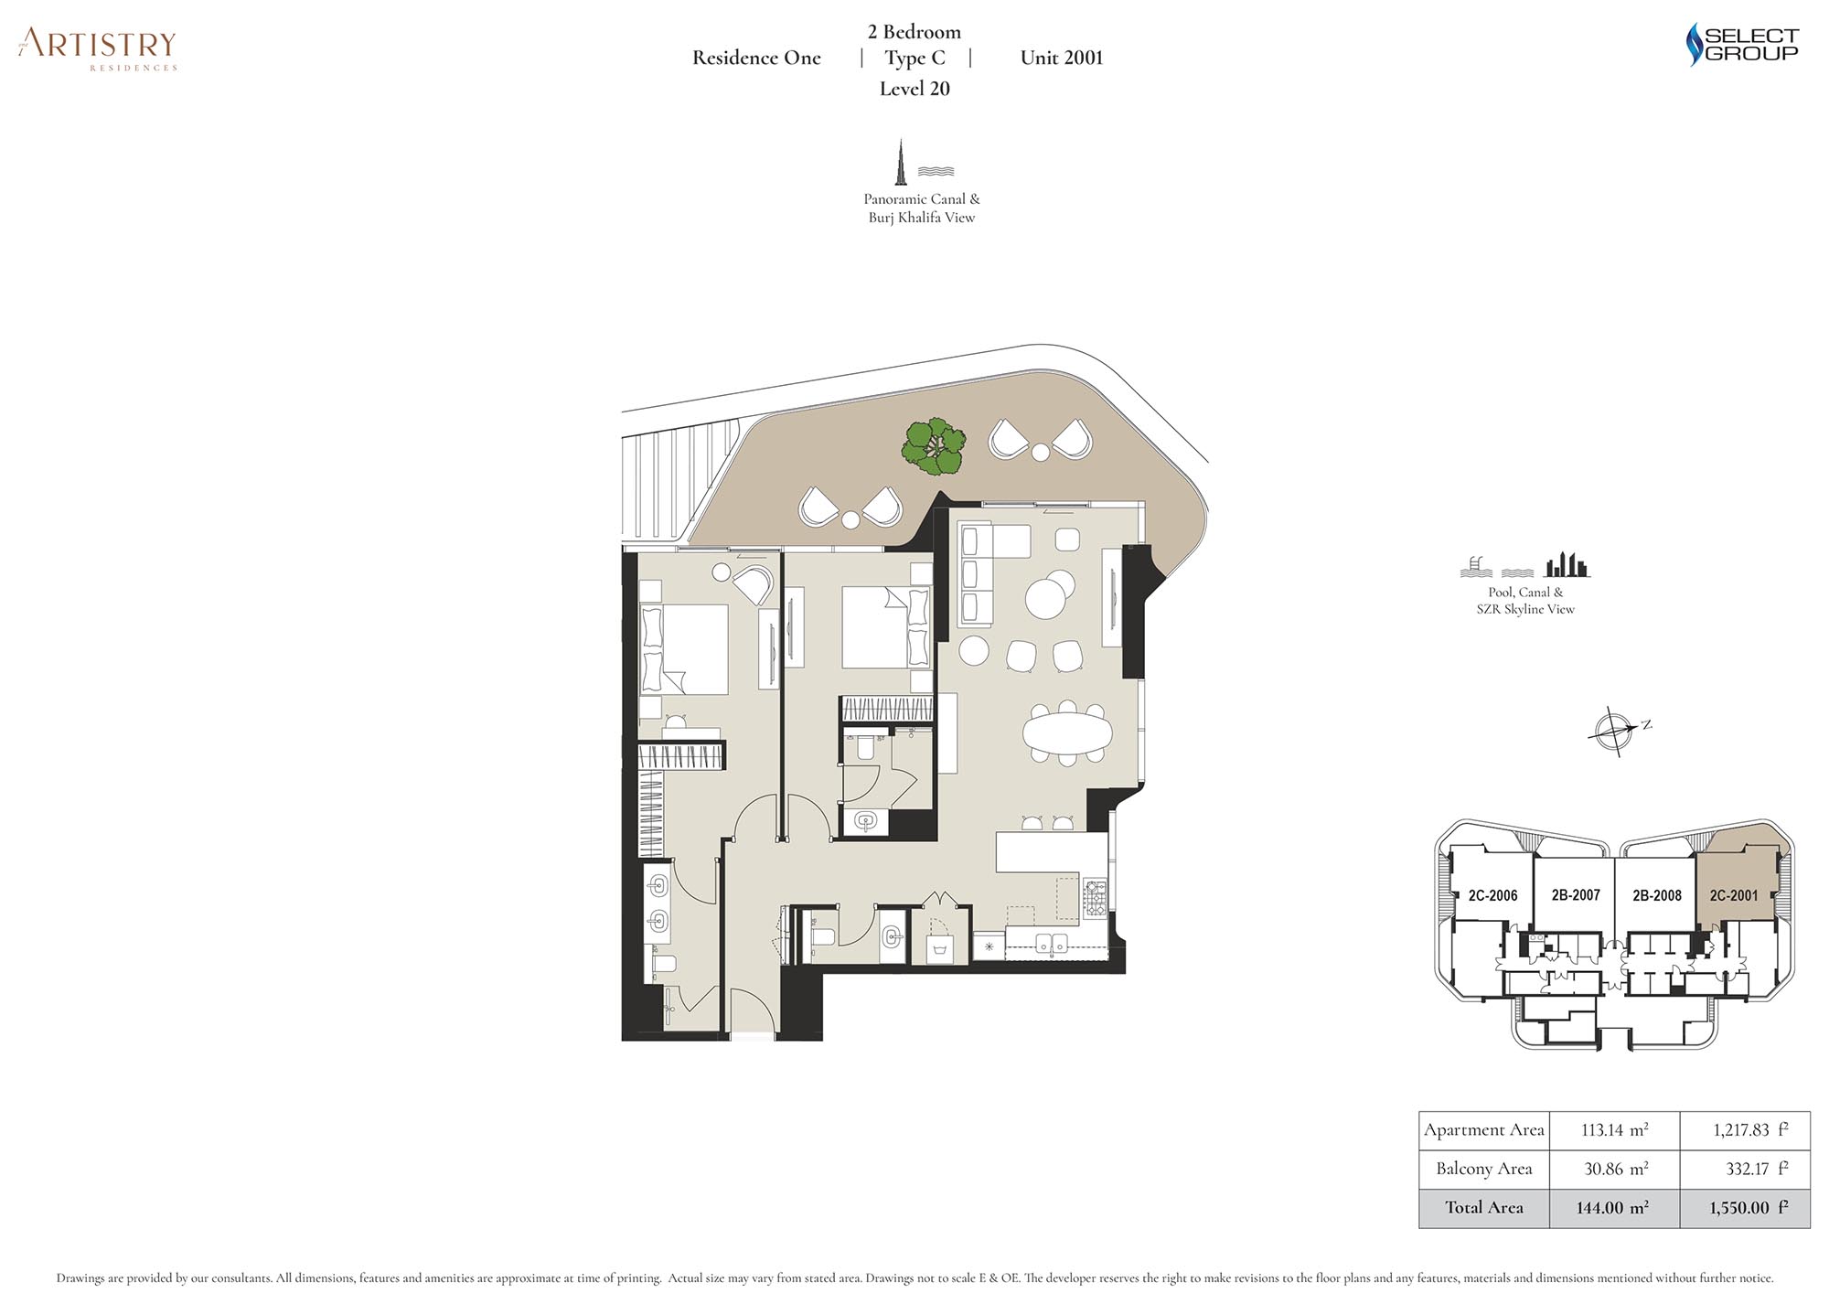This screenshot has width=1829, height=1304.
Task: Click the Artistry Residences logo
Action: [x=97, y=48]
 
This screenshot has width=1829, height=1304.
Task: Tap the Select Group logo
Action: [x=1742, y=44]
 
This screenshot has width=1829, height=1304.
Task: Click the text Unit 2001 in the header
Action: [x=1062, y=58]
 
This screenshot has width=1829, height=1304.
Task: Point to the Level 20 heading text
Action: [x=914, y=89]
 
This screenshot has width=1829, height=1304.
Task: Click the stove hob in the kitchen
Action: [x=1096, y=899]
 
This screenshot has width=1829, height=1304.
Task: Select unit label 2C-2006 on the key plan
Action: [x=1492, y=896]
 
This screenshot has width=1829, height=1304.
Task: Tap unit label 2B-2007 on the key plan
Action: [x=1576, y=895]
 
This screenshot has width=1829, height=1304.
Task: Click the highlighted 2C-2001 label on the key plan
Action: [x=1734, y=895]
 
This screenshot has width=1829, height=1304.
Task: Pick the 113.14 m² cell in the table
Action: [x=1615, y=1130]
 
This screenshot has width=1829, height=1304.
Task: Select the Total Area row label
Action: [x=1484, y=1207]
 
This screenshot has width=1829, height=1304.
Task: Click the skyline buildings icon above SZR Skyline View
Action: [x=1567, y=565]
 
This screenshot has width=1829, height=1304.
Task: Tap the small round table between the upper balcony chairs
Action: [x=1040, y=452]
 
